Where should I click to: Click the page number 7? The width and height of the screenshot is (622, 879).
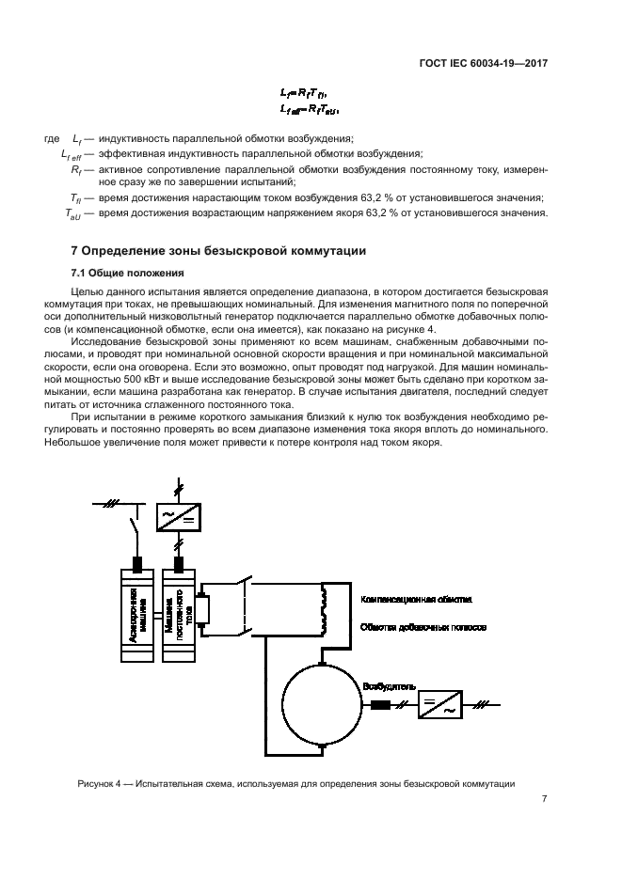(544, 799)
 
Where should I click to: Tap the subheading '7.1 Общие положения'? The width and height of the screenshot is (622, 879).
(117, 273)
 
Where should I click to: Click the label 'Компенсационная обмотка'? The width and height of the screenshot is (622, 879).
(410, 599)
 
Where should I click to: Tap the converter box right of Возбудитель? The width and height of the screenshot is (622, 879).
(439, 704)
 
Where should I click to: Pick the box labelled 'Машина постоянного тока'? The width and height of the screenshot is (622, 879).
(179, 613)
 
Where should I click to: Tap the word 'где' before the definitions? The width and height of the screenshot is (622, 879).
(52, 139)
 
